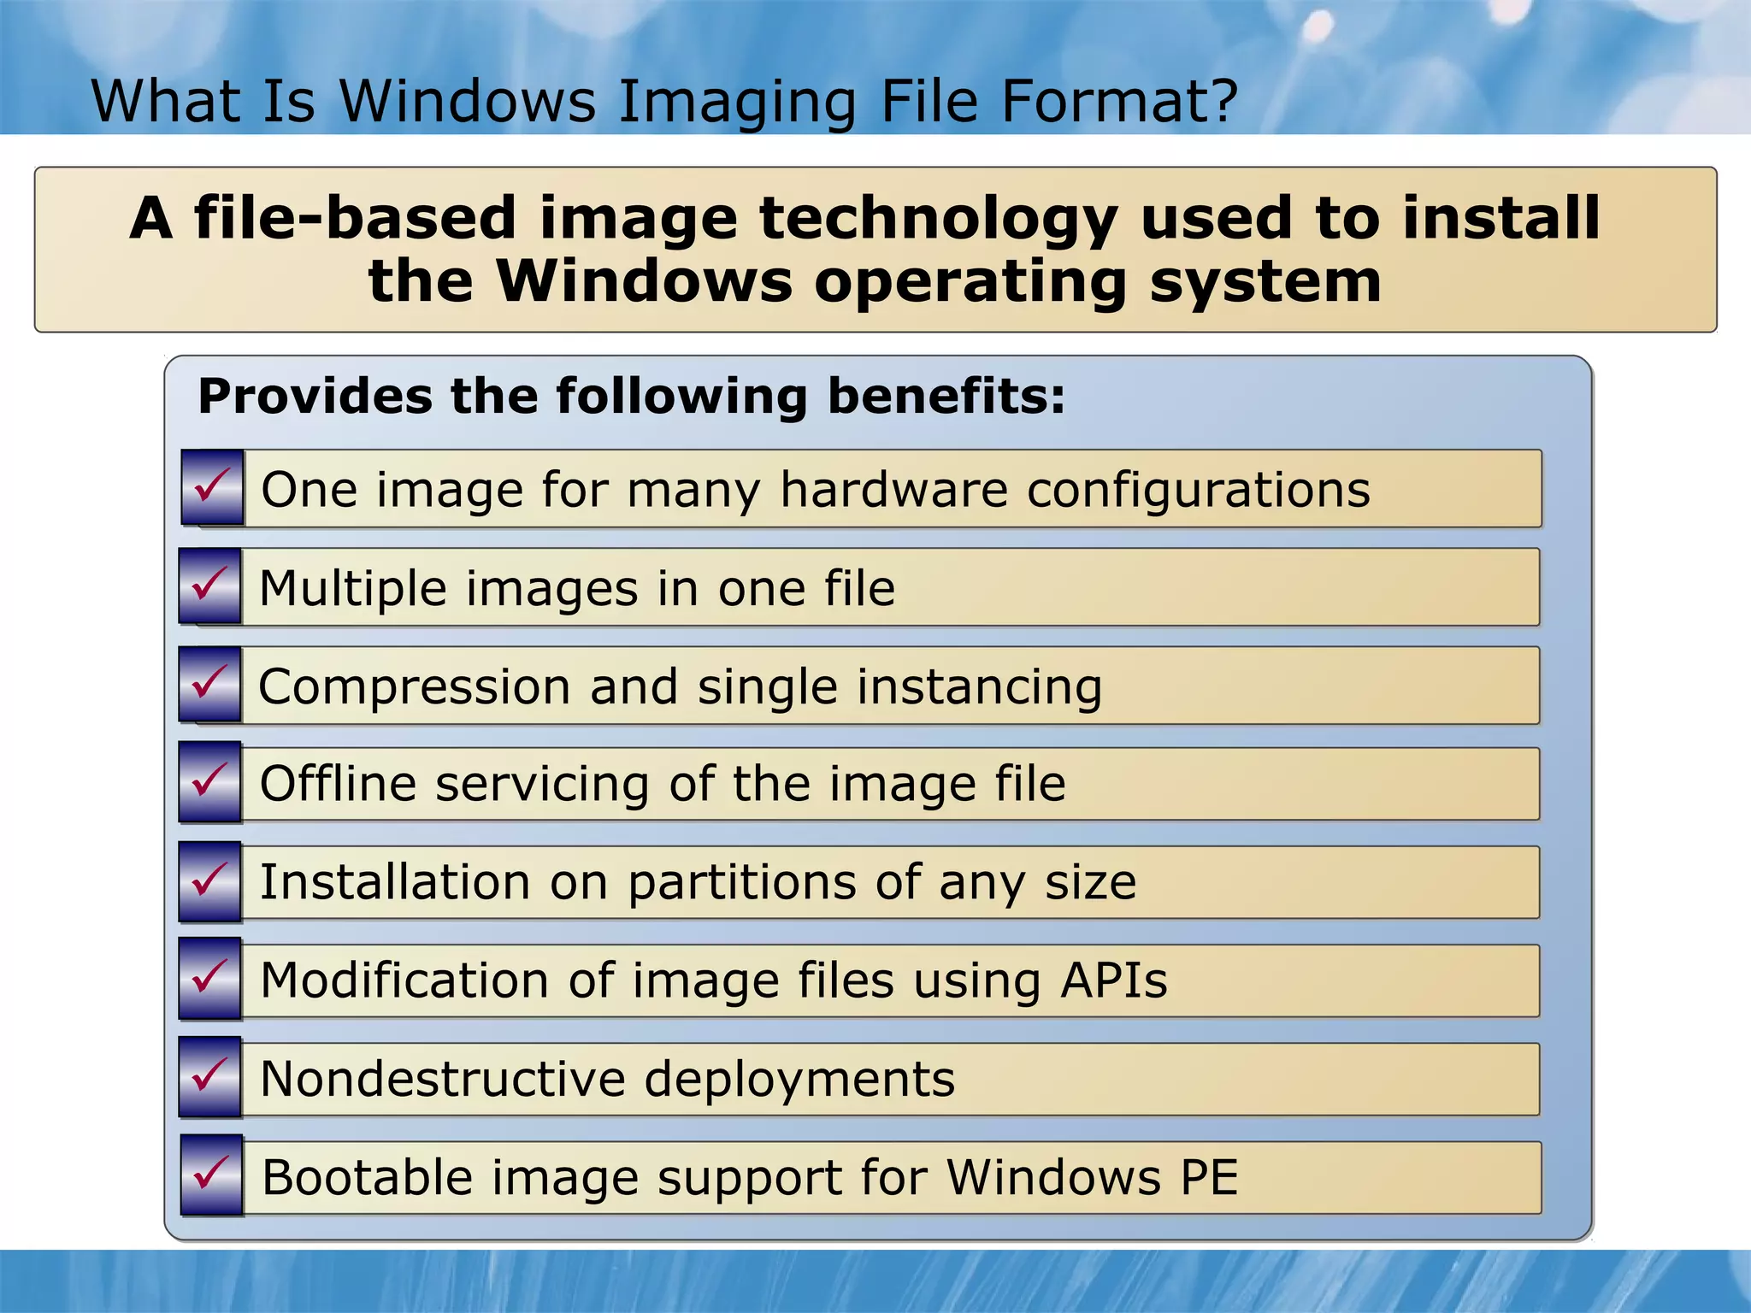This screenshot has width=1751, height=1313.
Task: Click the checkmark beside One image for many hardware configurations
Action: tap(212, 487)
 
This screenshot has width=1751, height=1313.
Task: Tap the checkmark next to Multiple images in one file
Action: tap(210, 586)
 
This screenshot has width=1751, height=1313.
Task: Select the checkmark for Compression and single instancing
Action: tap(210, 685)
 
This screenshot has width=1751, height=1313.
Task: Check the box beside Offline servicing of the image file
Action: tap(210, 783)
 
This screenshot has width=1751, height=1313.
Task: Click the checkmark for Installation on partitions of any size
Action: tap(210, 881)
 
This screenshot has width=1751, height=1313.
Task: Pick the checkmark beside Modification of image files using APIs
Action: tap(210, 980)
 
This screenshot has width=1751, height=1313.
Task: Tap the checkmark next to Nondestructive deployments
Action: tap(210, 1078)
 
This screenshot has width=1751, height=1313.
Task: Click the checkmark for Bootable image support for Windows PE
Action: tap(212, 1176)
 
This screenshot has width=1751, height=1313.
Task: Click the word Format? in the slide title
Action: tap(1119, 101)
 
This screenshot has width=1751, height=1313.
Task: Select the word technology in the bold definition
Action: tap(938, 219)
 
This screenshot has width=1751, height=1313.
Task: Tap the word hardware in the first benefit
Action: tap(894, 490)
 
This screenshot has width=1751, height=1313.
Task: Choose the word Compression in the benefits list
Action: tap(414, 687)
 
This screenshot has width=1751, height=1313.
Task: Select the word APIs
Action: tap(1114, 980)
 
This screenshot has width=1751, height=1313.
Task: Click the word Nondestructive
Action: tap(443, 1079)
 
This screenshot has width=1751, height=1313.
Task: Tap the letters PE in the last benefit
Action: tap(1209, 1177)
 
